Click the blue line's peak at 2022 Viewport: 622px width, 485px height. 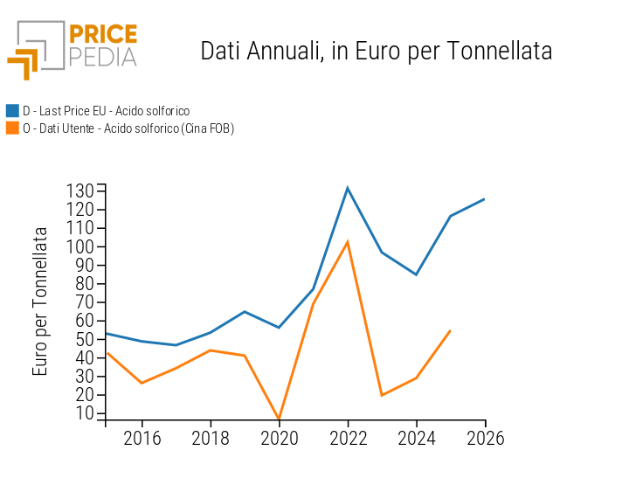click(x=348, y=188)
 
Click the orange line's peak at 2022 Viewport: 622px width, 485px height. click(x=348, y=242)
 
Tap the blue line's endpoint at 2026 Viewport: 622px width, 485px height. click(x=485, y=198)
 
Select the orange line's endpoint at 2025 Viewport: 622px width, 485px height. click(x=450, y=330)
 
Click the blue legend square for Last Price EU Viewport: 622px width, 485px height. click(x=12, y=111)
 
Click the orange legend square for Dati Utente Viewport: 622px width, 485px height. click(x=12, y=128)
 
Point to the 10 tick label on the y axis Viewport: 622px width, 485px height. click(x=85, y=413)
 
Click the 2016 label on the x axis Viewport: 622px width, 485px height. click(x=142, y=438)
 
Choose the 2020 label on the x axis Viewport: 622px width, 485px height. click(x=279, y=438)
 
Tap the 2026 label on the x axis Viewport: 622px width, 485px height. click(x=485, y=438)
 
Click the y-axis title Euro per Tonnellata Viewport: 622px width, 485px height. click(x=40, y=301)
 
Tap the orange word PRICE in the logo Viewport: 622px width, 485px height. click(x=102, y=34)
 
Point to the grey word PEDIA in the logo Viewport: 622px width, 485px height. click(x=102, y=57)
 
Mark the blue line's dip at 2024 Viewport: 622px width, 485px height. click(x=416, y=274)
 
